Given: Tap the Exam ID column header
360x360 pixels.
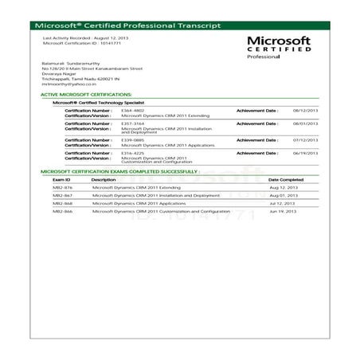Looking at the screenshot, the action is pyautogui.click(x=61, y=180).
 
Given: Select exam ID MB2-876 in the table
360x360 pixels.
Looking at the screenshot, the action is pyautogui.click(x=62, y=188).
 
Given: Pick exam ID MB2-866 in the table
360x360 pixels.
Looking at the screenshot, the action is pyautogui.click(x=62, y=211).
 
